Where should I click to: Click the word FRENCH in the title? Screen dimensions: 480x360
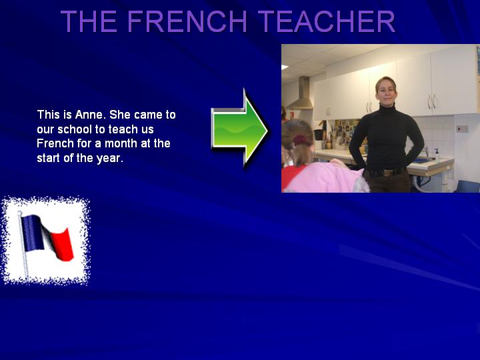[187, 21]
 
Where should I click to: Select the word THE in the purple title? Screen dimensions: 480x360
[89, 21]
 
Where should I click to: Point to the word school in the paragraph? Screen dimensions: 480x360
[75, 129]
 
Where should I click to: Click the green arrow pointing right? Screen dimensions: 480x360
[239, 128]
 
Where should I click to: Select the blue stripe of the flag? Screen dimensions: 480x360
[32, 233]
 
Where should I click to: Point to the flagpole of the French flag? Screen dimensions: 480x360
[23, 245]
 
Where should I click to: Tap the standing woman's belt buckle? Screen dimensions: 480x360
[388, 173]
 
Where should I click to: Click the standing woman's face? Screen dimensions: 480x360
[386, 91]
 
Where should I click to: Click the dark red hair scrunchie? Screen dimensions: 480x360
[301, 140]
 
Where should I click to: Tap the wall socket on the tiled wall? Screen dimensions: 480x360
[462, 129]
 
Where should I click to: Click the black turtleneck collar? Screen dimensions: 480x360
[387, 108]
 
